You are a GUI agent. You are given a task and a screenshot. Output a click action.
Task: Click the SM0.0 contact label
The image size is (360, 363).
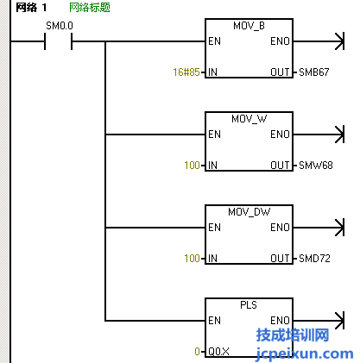click(x=60, y=26)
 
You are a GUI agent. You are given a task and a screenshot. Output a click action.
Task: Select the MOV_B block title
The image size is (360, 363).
click(x=249, y=26)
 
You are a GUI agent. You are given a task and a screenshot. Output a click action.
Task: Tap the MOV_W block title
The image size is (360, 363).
click(x=249, y=119)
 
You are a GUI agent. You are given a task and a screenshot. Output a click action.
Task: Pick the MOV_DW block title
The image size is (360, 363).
click(x=249, y=212)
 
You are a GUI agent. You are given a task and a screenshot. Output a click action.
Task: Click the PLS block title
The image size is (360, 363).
click(x=249, y=305)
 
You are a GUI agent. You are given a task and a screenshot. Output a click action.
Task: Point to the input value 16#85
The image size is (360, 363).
click(x=186, y=72)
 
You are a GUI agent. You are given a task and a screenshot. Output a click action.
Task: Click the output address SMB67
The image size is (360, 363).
click(x=314, y=72)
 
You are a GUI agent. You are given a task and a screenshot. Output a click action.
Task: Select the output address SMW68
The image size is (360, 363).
click(x=316, y=166)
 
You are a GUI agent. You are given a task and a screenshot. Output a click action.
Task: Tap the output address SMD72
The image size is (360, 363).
click(x=314, y=259)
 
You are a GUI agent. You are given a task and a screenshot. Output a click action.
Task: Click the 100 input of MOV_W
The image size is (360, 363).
click(x=192, y=166)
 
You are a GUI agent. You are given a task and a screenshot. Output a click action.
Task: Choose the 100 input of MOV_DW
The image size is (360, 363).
click(x=192, y=259)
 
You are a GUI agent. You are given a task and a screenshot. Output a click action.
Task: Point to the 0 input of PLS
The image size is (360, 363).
click(x=197, y=351)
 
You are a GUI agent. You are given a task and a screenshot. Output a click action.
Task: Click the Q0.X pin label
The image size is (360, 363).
click(x=218, y=352)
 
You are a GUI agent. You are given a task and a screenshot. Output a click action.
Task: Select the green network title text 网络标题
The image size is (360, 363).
click(x=90, y=8)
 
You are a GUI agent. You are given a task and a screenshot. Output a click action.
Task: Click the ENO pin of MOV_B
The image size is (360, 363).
click(x=280, y=41)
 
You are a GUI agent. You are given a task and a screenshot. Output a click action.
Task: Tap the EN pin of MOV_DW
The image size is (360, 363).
click(x=214, y=228)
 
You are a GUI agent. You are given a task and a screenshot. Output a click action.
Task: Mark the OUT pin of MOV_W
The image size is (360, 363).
click(x=280, y=166)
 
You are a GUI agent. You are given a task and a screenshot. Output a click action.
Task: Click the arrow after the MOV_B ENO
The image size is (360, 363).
click(x=319, y=41)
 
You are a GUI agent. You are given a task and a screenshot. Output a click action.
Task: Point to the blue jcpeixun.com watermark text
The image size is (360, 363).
click(x=305, y=354)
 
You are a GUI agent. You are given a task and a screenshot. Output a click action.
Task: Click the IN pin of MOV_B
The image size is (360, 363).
click(x=212, y=72)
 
